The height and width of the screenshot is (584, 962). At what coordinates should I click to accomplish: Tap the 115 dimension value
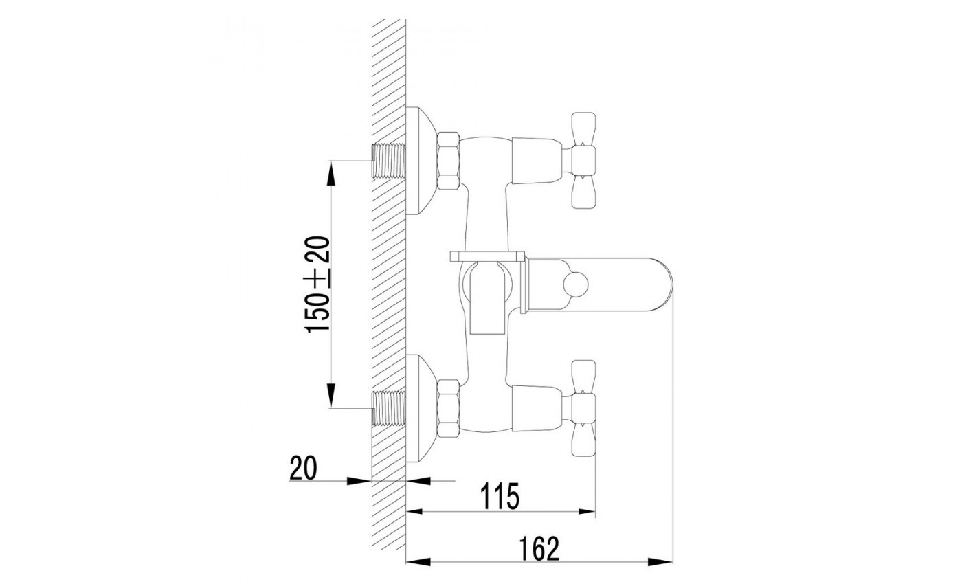tap(500, 496)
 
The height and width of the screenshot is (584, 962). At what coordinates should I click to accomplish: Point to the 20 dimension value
tap(303, 468)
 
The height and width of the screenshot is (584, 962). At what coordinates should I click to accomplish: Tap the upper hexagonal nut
tap(448, 161)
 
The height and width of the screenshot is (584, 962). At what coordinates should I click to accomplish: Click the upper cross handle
tap(583, 161)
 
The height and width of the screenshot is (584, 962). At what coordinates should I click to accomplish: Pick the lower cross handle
tap(583, 408)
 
